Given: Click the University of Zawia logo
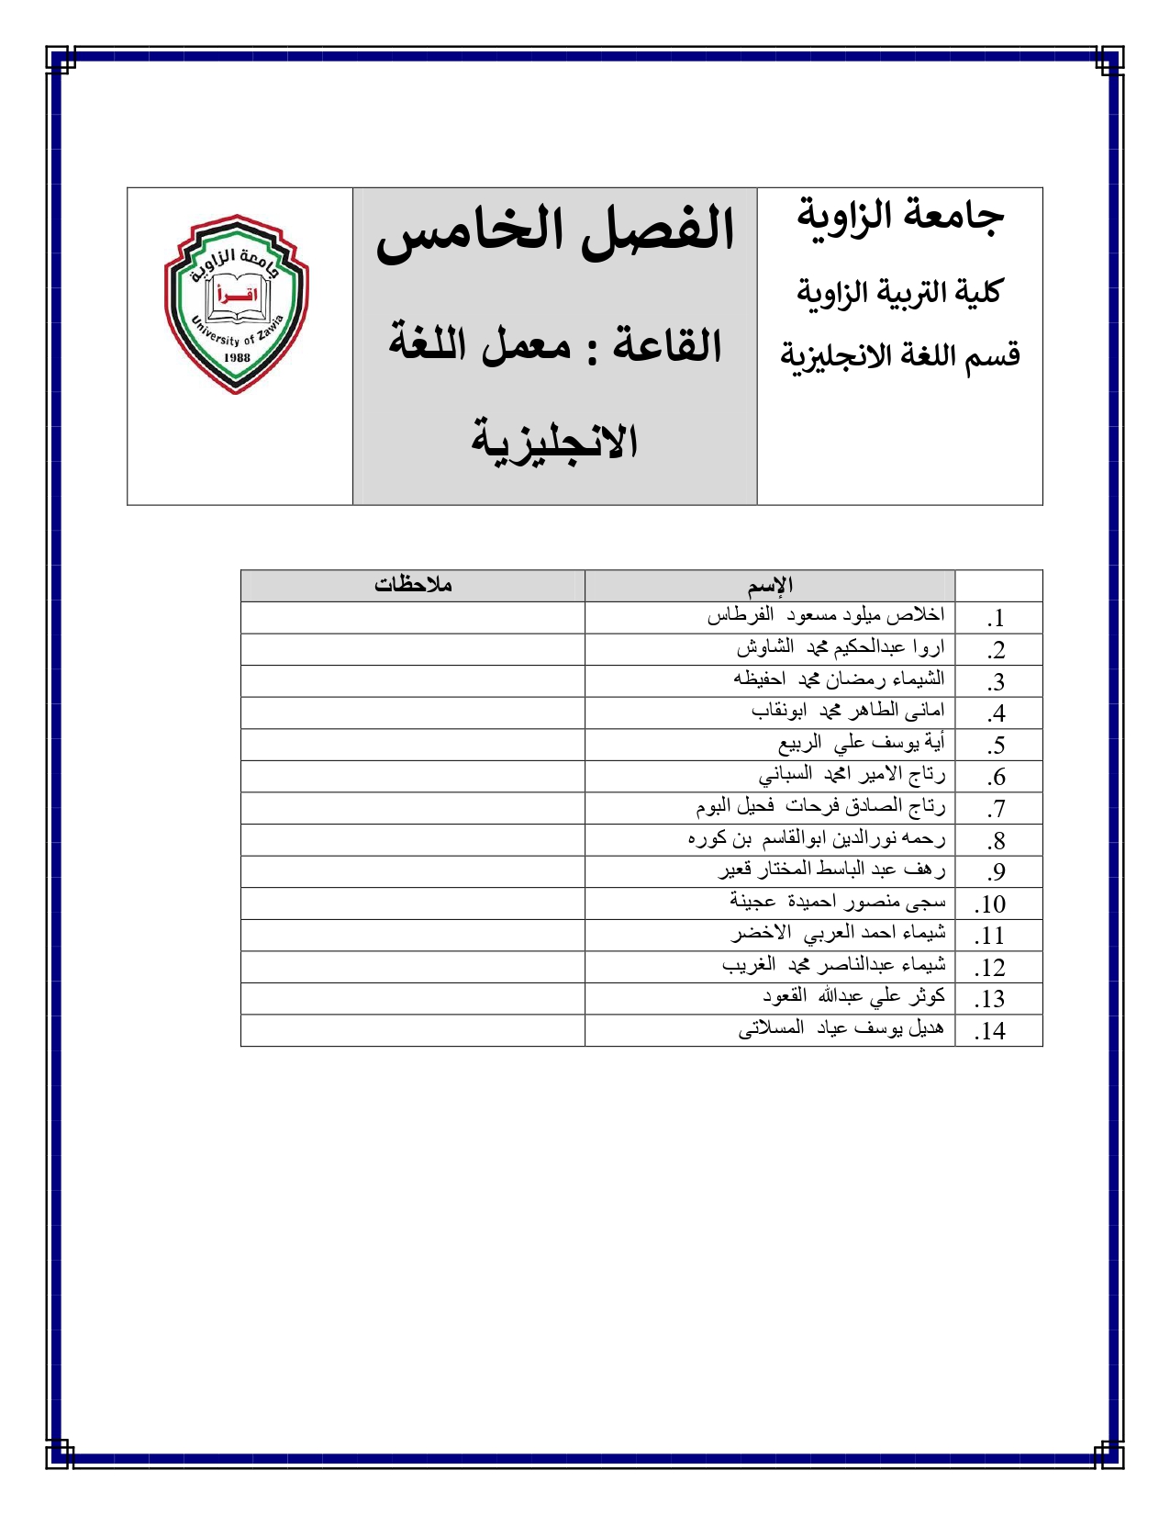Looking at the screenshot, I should [237, 305].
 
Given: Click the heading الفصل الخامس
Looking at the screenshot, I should [556, 230].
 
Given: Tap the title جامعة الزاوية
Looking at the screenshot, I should [900, 216].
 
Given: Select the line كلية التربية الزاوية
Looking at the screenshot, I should [898, 292].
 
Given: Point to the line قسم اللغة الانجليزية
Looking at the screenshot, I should [900, 354].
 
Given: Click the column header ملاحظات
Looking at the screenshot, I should [413, 585].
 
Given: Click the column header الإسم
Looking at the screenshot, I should [770, 586].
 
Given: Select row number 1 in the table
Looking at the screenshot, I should [996, 619].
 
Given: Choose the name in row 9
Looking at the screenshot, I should [831, 870].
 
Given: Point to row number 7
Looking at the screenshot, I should [996, 809].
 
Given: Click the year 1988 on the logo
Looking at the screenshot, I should [237, 357].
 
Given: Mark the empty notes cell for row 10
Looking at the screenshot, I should [413, 903].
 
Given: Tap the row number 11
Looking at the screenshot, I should [990, 936].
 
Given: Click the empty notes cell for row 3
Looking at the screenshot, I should [413, 681].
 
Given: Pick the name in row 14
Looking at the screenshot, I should [841, 1029].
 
